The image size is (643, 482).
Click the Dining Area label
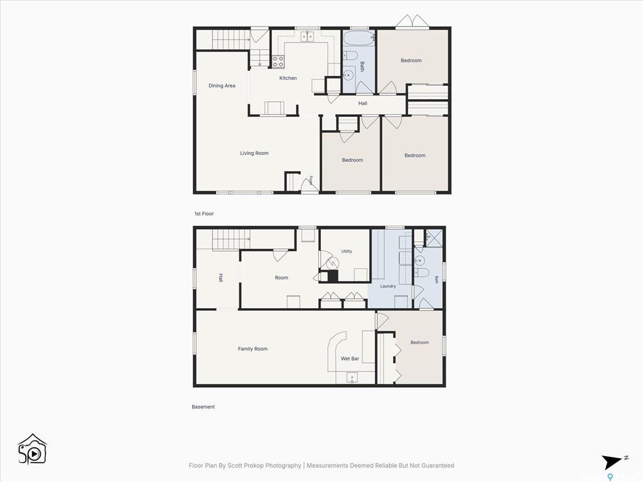click(222, 85)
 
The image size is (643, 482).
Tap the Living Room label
click(254, 153)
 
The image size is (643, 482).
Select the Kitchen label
click(288, 78)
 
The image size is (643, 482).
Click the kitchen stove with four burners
click(278, 62)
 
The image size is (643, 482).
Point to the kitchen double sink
click(307, 37)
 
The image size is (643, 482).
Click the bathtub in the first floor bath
click(359, 38)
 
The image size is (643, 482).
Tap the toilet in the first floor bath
click(350, 55)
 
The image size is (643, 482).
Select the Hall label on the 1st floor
click(362, 104)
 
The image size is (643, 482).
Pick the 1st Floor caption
click(204, 213)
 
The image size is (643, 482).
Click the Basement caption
click(203, 407)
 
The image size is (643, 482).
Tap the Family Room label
click(252, 349)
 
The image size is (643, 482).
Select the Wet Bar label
click(350, 358)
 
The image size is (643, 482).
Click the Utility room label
click(347, 251)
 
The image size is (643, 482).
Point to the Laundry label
click(388, 286)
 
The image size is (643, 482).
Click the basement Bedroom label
click(419, 342)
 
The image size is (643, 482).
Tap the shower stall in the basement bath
click(434, 238)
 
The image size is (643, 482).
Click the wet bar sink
click(352, 377)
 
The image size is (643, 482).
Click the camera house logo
click(33, 449)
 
